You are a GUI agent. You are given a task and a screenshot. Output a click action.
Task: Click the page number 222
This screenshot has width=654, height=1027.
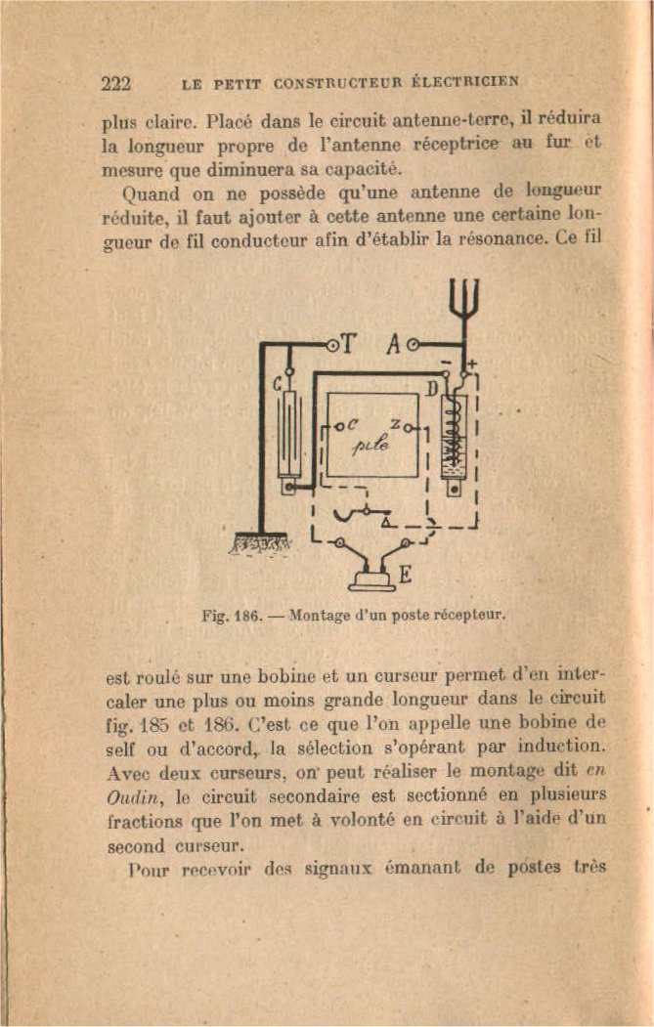pos(116,82)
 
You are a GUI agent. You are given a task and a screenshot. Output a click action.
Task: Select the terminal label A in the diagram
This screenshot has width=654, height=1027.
pos(394,344)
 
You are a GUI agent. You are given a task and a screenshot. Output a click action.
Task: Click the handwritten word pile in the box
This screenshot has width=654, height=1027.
pos(371,444)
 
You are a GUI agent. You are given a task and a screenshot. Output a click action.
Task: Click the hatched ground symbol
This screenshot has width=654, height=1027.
pos(259,540)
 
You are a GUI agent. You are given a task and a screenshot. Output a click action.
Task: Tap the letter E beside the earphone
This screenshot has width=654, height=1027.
pos(403,576)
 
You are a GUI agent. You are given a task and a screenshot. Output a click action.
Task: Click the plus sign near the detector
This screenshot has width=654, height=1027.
pos(473,365)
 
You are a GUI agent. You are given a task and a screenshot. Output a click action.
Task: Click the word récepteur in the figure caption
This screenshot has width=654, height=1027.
pos(472,616)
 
